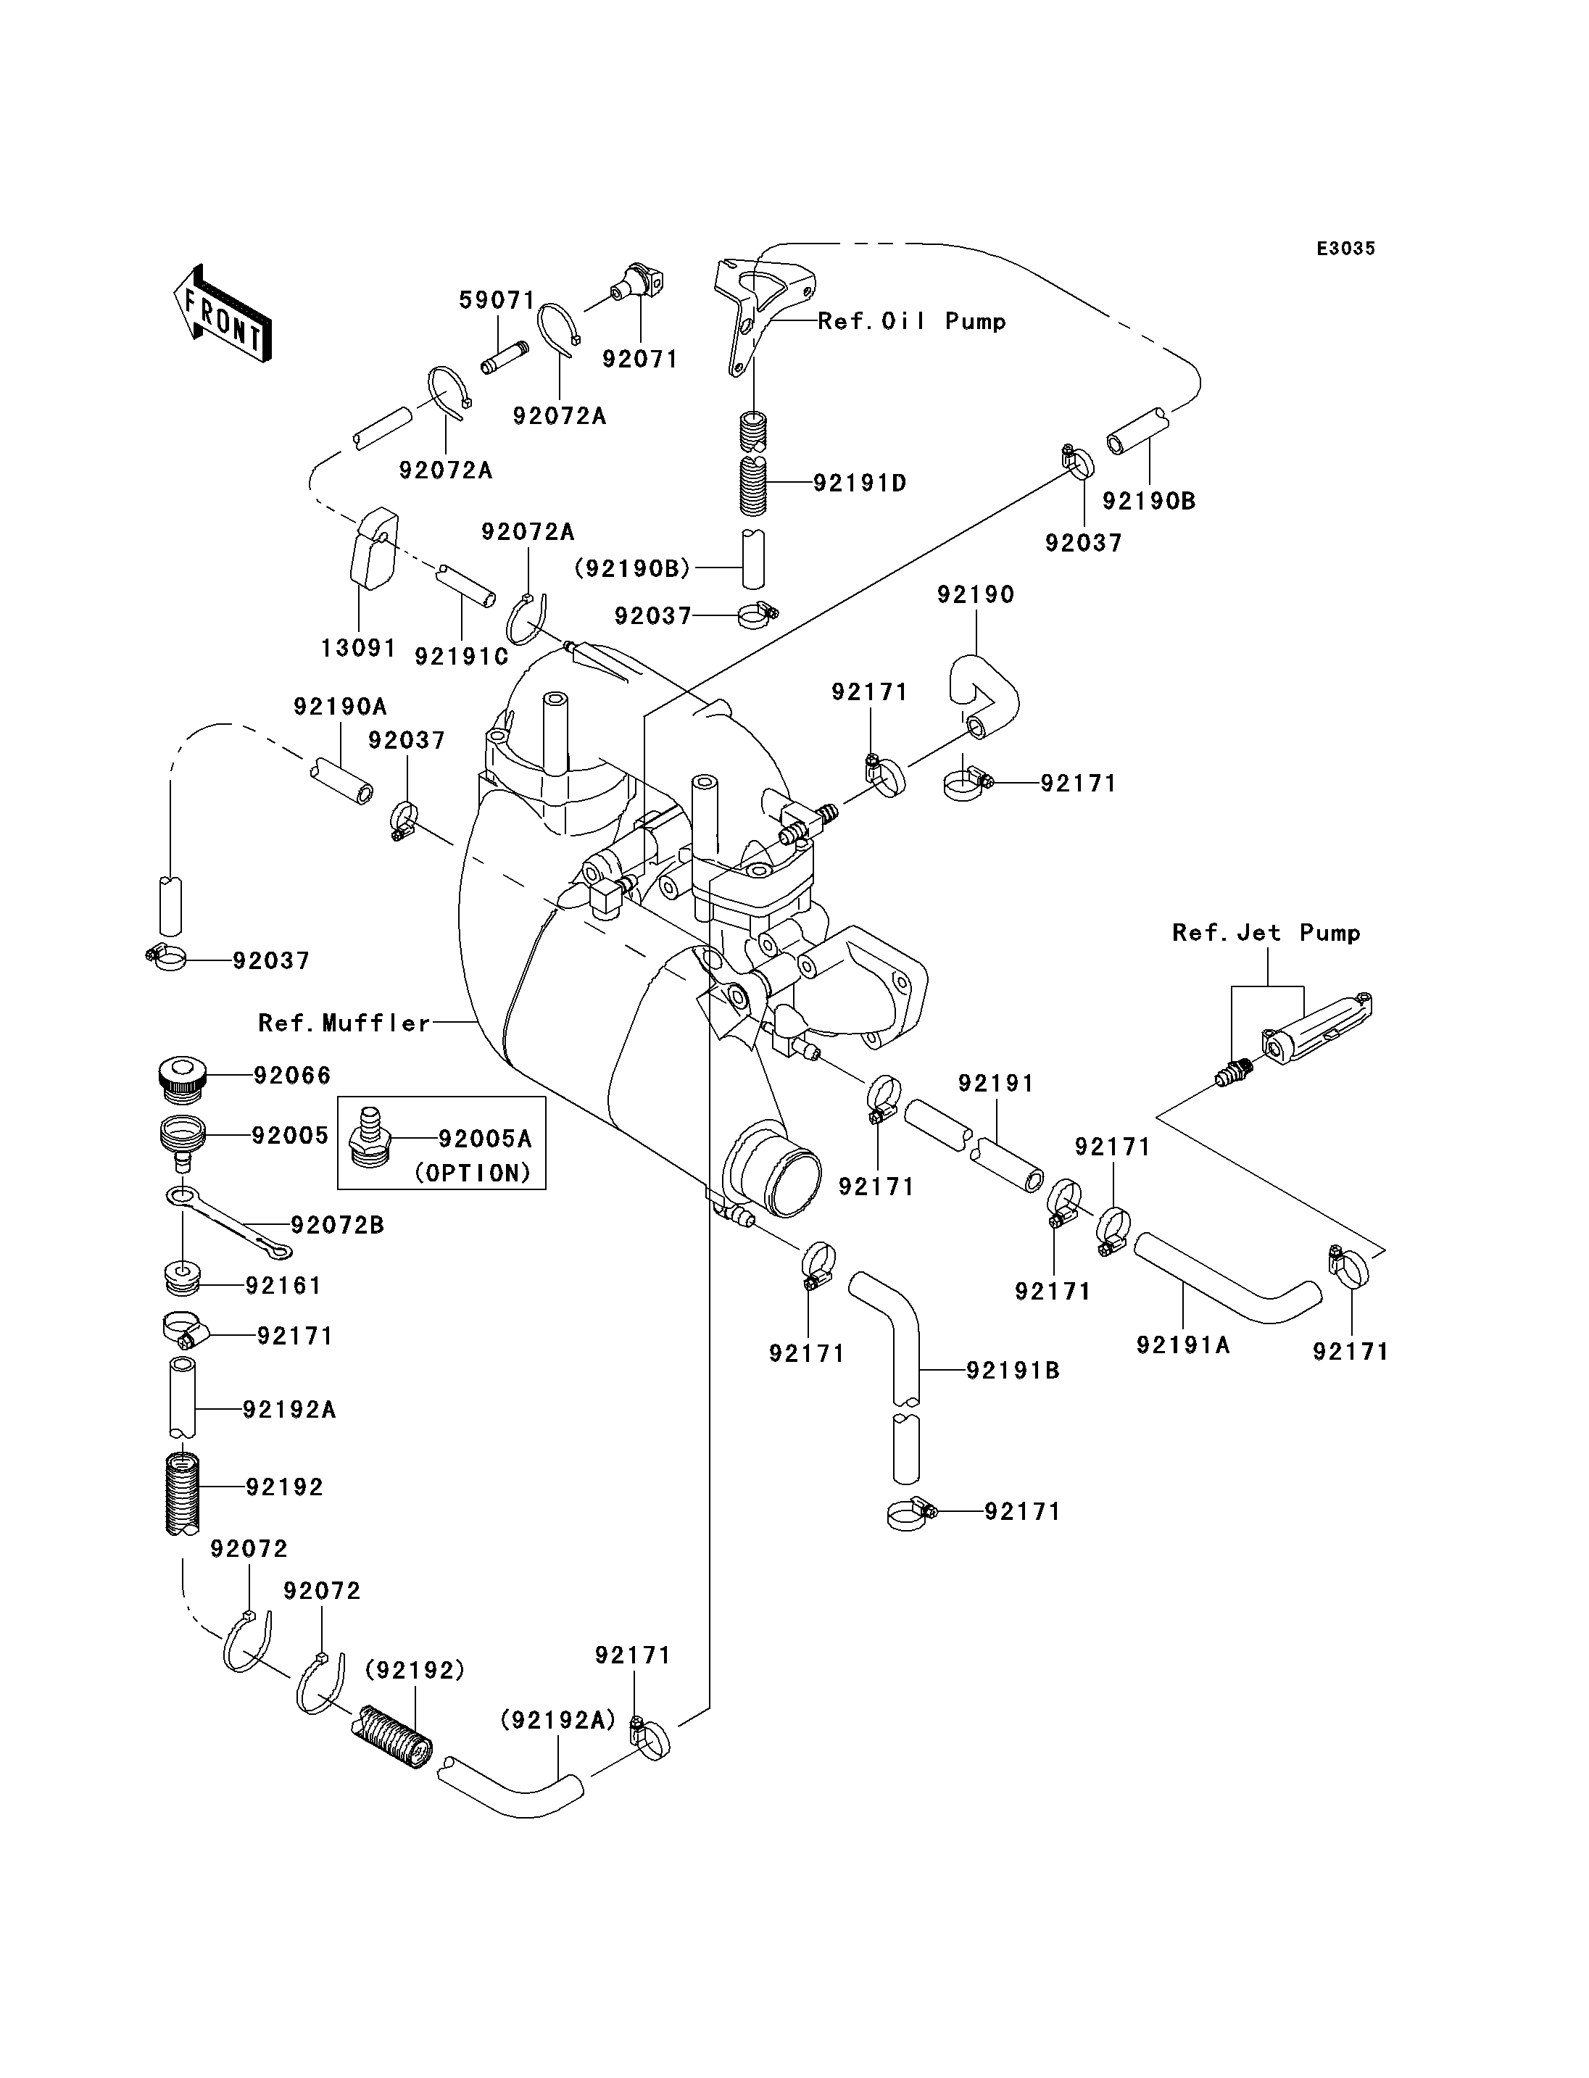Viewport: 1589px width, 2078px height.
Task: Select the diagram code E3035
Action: pyautogui.click(x=1346, y=249)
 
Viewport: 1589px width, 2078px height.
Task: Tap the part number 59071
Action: pyautogui.click(x=497, y=301)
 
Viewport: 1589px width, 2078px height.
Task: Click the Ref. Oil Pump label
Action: pyautogui.click(x=912, y=322)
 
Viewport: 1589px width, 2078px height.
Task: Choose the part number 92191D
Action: pyautogui.click(x=860, y=483)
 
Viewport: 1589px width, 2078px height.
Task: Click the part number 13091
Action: pyautogui.click(x=359, y=648)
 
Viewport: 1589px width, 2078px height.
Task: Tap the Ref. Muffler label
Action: pyautogui.click(x=344, y=1023)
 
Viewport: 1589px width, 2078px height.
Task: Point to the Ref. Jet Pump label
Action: pyautogui.click(x=1266, y=933)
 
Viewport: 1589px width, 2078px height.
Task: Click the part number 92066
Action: pyautogui.click(x=292, y=1076)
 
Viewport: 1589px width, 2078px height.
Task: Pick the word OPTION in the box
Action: pyautogui.click(x=473, y=1173)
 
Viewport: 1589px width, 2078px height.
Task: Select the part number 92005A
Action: pyautogui.click(x=485, y=1139)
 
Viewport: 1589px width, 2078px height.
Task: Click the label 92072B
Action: pyautogui.click(x=338, y=1225)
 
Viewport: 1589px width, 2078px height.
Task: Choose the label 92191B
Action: pyautogui.click(x=1013, y=1371)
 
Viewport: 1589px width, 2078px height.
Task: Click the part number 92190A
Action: pyautogui.click(x=341, y=707)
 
